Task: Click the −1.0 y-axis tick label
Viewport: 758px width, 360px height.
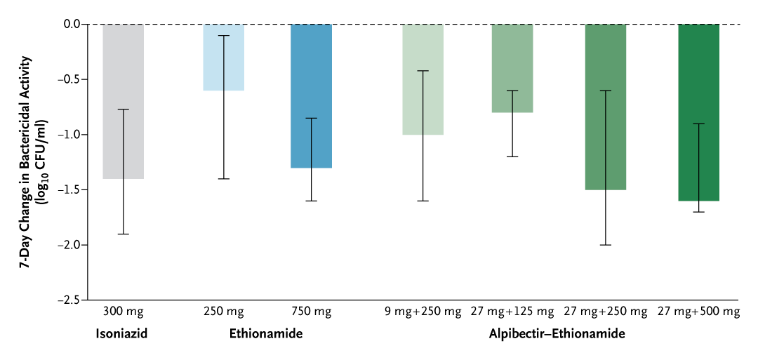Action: (x=69, y=135)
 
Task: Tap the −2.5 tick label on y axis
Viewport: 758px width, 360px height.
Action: (x=69, y=300)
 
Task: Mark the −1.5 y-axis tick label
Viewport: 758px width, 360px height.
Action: (x=69, y=189)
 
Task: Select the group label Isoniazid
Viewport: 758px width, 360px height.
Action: (x=123, y=334)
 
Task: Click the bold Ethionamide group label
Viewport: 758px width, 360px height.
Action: (x=266, y=334)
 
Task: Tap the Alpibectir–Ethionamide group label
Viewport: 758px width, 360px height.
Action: (x=557, y=334)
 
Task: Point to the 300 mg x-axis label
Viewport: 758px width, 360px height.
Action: (x=123, y=311)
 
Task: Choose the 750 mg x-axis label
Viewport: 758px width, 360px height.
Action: (x=311, y=311)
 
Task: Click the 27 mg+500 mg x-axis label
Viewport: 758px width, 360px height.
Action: (x=698, y=311)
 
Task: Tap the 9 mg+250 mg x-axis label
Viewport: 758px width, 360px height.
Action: (x=423, y=311)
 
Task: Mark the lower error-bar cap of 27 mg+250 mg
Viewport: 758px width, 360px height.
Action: (x=605, y=245)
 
